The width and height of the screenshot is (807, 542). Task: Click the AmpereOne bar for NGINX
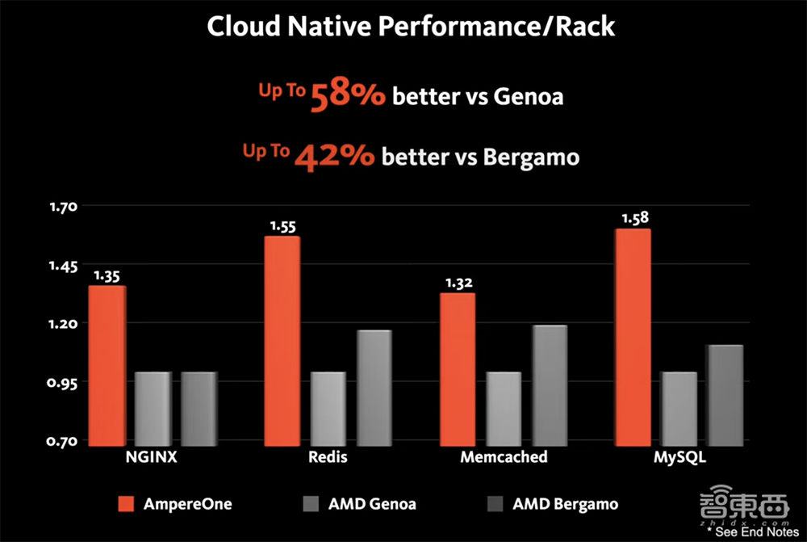107,363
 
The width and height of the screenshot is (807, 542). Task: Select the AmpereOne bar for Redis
282,339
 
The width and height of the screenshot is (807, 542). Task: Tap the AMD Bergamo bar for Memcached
550,384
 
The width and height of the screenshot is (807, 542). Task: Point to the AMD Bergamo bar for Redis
374,387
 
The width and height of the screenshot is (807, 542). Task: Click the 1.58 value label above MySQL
634,217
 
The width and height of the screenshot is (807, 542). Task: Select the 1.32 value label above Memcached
458,282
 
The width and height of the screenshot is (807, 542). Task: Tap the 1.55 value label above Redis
282,226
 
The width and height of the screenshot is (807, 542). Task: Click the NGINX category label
152,457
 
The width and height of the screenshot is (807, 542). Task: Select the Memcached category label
504,457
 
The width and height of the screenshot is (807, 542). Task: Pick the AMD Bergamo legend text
565,504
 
